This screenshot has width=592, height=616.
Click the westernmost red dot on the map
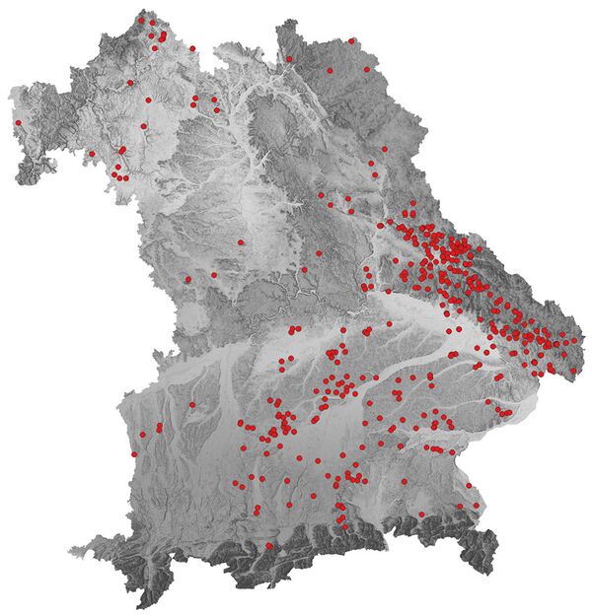click(18, 123)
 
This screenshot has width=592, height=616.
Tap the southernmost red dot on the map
click(268, 545)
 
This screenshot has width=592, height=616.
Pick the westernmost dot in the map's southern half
click(134, 454)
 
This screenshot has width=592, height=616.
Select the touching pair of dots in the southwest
click(158, 430)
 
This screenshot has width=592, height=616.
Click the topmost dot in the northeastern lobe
click(352, 40)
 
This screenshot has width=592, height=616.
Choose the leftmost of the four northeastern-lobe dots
click(289, 58)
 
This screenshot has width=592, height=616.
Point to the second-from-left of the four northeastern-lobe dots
click(330, 70)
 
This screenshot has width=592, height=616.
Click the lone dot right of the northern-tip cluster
click(192, 47)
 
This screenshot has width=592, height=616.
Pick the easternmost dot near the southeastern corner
click(477, 507)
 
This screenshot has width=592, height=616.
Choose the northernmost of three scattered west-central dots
click(240, 241)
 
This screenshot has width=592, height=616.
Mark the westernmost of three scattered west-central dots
click(187, 279)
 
